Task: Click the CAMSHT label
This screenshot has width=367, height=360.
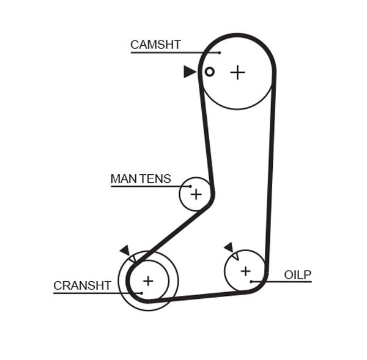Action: point(155,44)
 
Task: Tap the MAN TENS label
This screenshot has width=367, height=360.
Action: point(141,179)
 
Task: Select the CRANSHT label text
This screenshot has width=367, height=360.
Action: point(82,285)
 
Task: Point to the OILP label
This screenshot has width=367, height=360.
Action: point(298,274)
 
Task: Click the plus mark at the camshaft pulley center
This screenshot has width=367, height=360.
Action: point(237,72)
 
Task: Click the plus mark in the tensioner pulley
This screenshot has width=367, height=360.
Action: point(196,194)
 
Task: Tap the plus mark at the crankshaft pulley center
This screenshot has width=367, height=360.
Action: point(147,281)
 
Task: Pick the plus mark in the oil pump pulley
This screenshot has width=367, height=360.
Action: point(245,270)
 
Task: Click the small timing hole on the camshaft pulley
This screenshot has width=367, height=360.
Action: point(209,72)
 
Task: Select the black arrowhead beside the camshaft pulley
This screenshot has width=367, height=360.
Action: point(189,72)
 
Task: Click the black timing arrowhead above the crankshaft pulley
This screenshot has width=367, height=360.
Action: point(125,249)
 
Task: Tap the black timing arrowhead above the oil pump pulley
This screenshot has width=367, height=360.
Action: point(229,247)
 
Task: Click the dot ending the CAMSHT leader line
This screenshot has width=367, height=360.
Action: point(219,53)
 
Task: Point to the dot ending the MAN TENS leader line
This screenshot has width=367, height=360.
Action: point(190,186)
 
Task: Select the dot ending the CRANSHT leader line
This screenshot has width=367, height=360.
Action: point(141,293)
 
